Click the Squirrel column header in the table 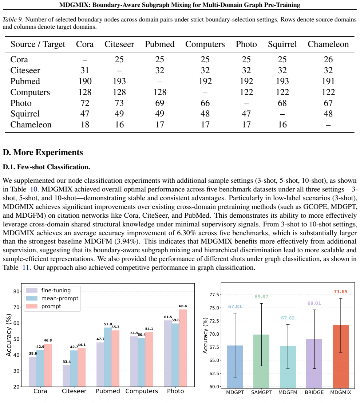(282, 44)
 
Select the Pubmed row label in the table (25, 81)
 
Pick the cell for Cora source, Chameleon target (328, 59)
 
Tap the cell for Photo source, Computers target (205, 103)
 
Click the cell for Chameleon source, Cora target (85, 125)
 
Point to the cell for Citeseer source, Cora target (85, 70)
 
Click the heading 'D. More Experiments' (43, 153)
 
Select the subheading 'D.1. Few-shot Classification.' (47, 167)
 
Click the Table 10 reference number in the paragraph (33, 189)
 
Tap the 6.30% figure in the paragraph (186, 233)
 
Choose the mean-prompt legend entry (52, 299)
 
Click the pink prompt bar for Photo (183, 348)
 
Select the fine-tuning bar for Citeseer (67, 376)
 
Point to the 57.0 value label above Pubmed (108, 324)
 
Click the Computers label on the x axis (142, 391)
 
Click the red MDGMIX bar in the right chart (341, 356)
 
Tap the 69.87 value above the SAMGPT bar (261, 297)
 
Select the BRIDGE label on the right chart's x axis (314, 392)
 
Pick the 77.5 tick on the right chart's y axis (214, 295)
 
